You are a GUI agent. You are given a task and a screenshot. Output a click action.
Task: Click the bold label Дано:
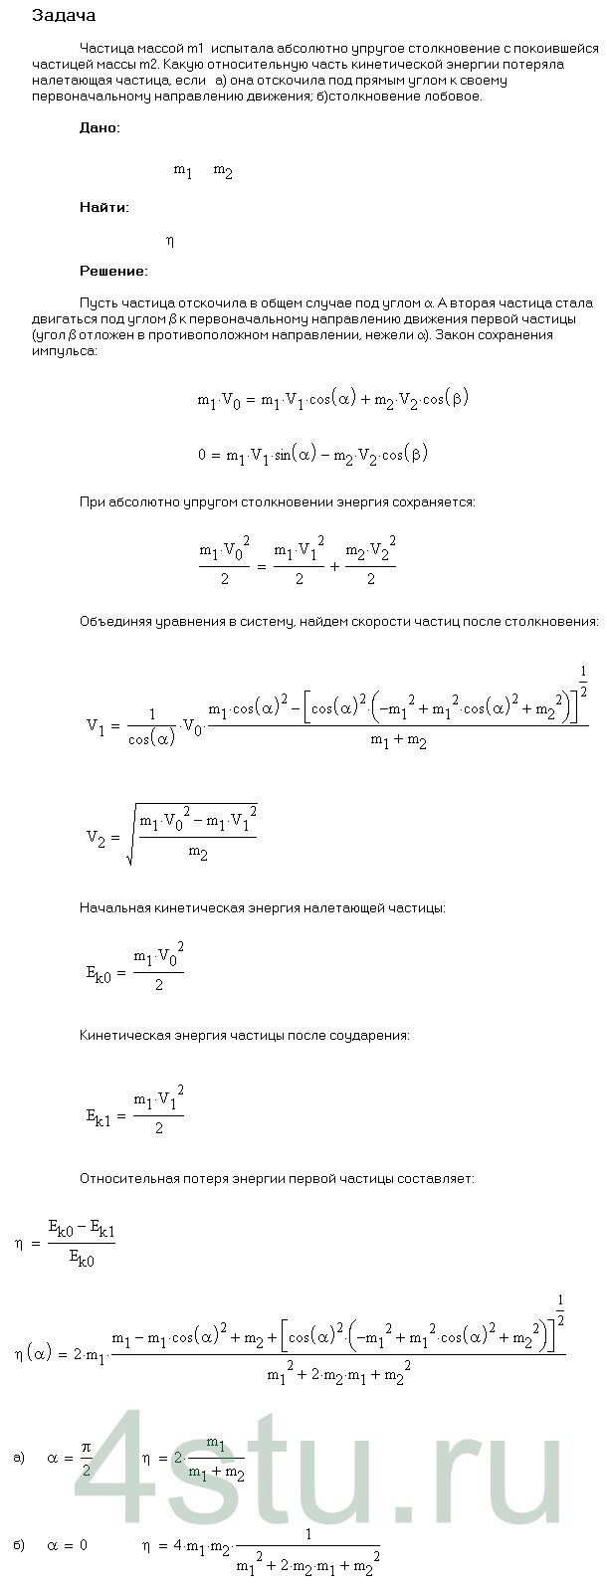(100, 128)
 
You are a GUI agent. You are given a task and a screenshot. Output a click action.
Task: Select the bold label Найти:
(103, 208)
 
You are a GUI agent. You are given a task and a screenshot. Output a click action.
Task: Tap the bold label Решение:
(113, 271)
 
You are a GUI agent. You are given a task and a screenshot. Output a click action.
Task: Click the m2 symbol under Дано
(223, 171)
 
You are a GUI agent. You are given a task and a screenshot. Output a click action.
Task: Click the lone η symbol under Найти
(170, 241)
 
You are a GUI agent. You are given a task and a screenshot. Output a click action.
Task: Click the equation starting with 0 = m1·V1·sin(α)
(313, 454)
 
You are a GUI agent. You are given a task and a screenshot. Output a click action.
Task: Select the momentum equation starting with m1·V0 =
(332, 399)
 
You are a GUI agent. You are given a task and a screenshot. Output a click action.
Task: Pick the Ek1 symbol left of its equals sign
(101, 1115)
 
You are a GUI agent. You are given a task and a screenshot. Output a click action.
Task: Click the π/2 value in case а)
(87, 1459)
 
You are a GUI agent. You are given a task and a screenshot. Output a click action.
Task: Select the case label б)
(19, 1544)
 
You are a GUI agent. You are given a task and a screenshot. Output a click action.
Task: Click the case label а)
(19, 1458)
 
